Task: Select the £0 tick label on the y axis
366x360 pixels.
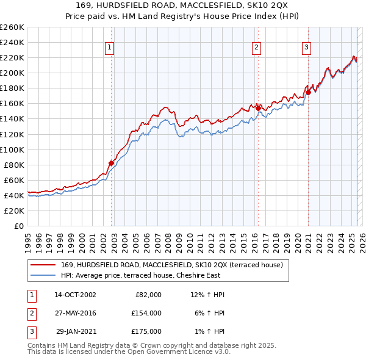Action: point(20,226)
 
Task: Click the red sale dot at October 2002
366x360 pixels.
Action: point(112,163)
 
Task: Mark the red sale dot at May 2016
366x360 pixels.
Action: point(258,108)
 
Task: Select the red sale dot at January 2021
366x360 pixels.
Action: point(309,92)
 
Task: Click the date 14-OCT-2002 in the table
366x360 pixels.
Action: point(75,295)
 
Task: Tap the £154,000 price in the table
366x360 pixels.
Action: point(146,313)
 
